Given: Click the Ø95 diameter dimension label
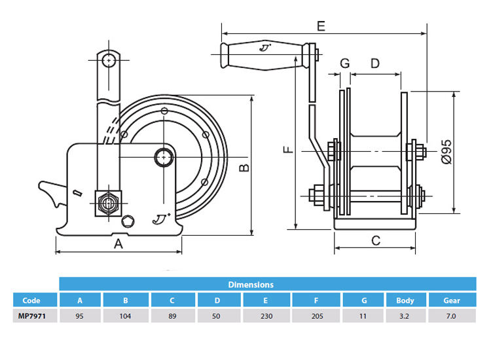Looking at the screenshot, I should point(446,151).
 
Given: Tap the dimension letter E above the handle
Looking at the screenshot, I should point(321,26).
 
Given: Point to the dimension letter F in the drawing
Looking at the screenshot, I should point(287,151).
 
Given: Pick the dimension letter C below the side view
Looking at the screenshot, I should point(375,240).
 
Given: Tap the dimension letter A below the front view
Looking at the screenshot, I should point(118,244).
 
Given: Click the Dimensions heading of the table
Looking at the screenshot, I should point(250,285).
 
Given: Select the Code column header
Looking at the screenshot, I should point(31,300).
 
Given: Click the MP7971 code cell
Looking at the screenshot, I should point(31,315).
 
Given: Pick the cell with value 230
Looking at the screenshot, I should point(265,315).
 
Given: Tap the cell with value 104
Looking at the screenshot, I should point(126,315).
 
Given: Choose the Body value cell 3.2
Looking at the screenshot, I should point(405,315).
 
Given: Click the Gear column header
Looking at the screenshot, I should point(451,300).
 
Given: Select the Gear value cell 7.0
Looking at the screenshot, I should point(451,315).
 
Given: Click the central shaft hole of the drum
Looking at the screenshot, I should point(164,156).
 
